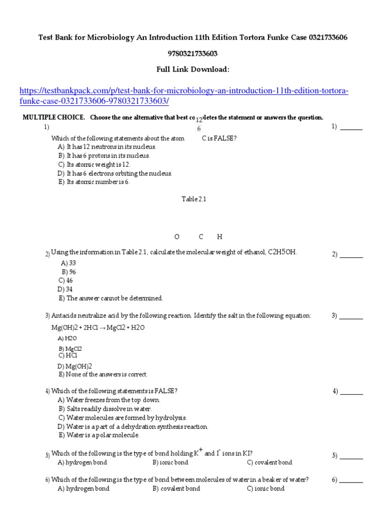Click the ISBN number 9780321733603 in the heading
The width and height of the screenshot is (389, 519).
point(194,53)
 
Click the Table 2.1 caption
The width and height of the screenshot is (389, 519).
point(194,199)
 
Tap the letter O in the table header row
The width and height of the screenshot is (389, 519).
point(177,237)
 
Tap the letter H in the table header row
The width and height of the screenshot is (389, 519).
point(219,237)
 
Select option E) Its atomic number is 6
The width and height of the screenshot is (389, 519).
point(94,182)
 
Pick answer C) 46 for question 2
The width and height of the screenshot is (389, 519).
point(66,280)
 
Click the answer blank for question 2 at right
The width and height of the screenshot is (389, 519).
point(351,254)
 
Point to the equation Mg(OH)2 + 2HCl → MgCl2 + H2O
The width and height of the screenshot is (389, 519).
point(98,328)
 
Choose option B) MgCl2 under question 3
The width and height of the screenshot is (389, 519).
point(70,349)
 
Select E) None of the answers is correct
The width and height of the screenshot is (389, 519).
point(103,375)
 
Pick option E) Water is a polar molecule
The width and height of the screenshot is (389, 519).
point(98,435)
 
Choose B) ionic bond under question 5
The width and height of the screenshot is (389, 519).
point(170,462)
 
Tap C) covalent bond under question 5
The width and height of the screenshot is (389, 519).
point(269,462)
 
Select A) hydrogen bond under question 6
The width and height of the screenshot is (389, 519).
point(84,489)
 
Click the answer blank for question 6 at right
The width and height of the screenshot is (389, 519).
point(351,480)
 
